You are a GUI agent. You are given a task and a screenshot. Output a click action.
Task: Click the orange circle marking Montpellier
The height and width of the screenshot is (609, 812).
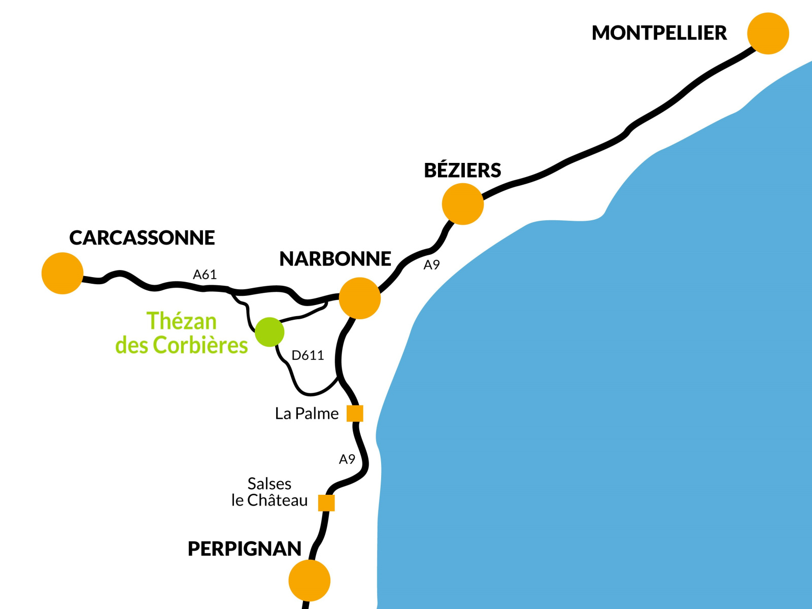(768, 33)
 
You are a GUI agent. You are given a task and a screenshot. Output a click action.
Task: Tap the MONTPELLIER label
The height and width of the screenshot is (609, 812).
(659, 33)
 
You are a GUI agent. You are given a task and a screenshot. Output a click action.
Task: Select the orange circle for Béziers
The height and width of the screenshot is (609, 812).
(462, 204)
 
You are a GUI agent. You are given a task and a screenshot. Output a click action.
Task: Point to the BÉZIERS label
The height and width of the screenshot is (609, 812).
(462, 171)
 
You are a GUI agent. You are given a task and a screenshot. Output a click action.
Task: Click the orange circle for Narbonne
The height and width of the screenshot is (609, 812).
(359, 298)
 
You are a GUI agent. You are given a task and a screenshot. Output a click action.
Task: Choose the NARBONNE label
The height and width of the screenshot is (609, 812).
(335, 259)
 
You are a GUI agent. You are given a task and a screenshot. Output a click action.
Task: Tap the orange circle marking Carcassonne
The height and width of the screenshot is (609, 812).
(62, 273)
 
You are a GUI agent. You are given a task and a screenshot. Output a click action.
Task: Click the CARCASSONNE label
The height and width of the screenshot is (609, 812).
(142, 238)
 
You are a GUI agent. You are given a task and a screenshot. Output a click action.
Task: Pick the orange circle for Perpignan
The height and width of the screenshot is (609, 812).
(309, 580)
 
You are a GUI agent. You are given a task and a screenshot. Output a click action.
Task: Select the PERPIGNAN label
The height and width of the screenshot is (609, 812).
(245, 549)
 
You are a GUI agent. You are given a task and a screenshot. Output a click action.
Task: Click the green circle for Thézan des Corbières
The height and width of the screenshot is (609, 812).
(269, 332)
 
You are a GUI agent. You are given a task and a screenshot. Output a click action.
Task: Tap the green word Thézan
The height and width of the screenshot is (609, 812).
(181, 321)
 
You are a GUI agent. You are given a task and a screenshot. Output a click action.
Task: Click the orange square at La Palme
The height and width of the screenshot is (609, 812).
(355, 414)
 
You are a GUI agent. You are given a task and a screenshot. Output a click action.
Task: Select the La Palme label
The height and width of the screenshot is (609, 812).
(307, 414)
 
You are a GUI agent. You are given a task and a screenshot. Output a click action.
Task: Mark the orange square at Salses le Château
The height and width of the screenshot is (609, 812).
(326, 503)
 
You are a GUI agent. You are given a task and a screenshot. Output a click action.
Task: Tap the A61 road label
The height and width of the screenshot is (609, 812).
(205, 275)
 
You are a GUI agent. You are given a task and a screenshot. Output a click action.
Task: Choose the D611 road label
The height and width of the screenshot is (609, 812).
(308, 355)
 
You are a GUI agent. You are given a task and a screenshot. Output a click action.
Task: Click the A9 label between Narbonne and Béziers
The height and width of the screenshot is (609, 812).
(431, 265)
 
